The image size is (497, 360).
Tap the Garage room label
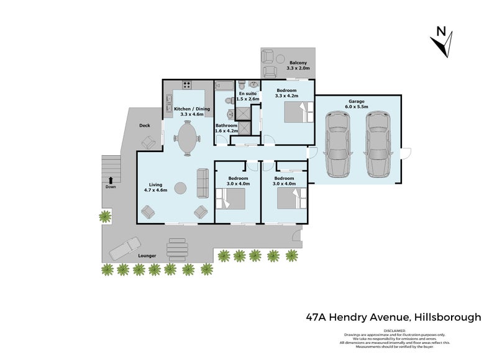pos(356,101)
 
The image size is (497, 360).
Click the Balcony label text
pos(298,62)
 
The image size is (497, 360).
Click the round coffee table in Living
pos(180,187)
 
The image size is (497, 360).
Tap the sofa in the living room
pos(203,182)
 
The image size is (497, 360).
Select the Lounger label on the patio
pos(147,256)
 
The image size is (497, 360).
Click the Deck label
pos(145,125)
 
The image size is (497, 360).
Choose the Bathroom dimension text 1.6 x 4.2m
pos(227,131)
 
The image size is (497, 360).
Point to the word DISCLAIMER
pos(394,331)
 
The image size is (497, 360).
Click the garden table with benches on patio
pos(178,250)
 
